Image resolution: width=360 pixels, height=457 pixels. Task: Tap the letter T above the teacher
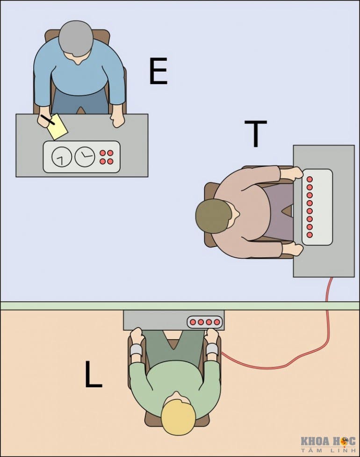(x=255, y=133)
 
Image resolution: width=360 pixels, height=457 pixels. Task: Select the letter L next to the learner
(x=93, y=375)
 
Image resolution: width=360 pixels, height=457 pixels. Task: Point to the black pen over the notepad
(x=47, y=120)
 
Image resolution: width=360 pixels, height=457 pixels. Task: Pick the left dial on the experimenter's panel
(x=62, y=157)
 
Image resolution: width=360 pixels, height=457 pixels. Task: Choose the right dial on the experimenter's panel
(x=85, y=157)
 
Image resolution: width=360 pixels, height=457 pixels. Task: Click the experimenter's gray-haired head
(x=76, y=37)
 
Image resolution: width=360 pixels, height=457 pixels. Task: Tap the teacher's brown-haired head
(x=214, y=216)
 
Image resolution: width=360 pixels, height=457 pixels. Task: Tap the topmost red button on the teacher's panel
(x=310, y=179)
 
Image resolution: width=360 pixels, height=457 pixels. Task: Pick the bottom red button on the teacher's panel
(x=310, y=234)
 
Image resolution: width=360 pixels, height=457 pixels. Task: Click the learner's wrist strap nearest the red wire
(x=212, y=349)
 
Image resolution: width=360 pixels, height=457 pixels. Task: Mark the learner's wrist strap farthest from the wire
(x=136, y=350)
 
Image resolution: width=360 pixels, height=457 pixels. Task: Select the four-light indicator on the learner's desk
(x=205, y=322)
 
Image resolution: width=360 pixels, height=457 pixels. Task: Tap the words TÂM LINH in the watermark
(x=328, y=450)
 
